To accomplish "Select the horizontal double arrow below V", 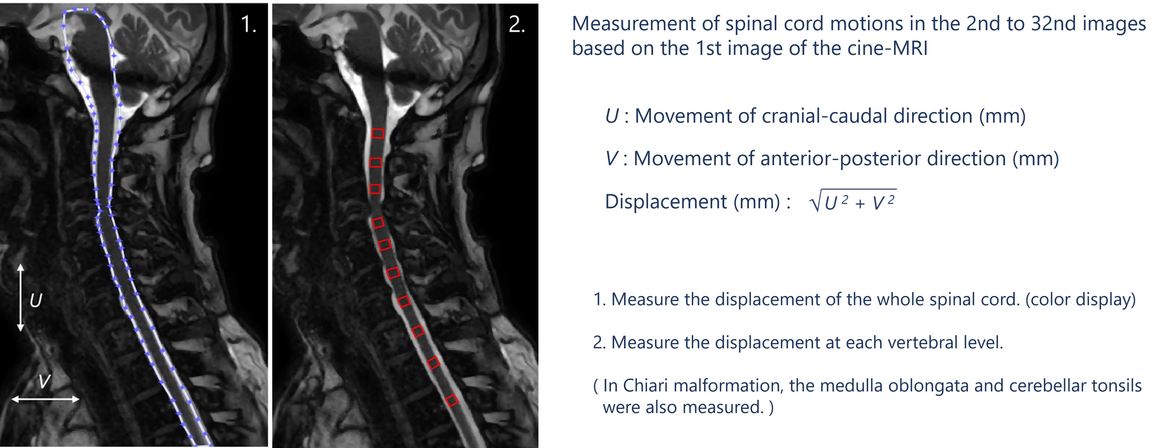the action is click(x=45, y=399).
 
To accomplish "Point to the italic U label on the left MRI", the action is click(x=36, y=300).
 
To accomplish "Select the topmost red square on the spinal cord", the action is click(x=378, y=133).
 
